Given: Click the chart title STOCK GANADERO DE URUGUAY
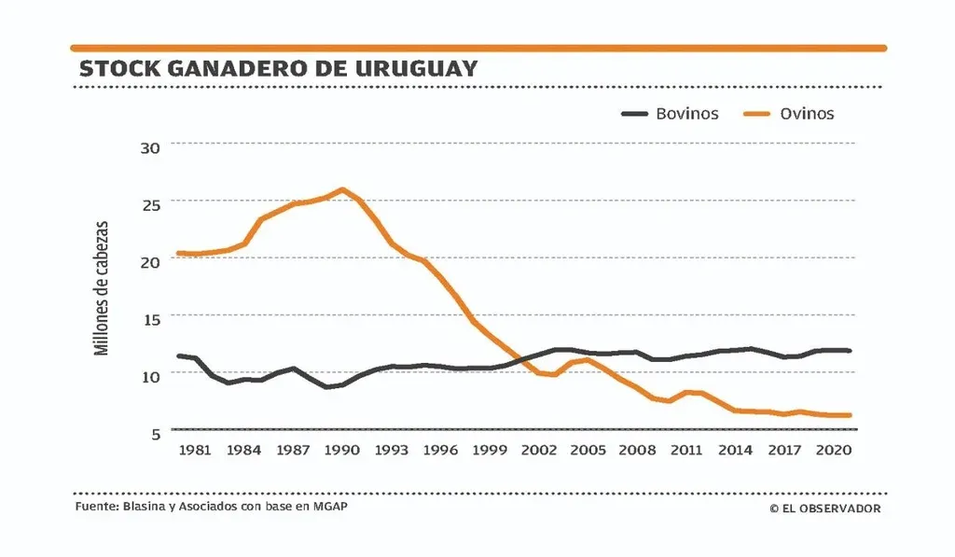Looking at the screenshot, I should point(278,69).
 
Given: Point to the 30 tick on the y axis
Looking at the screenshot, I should point(151,146).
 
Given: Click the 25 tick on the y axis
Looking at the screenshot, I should point(151,203).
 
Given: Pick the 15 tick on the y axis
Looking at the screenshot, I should point(151,318).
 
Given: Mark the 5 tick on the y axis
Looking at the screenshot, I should point(155,432).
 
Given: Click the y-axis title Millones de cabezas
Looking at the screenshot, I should point(103,288).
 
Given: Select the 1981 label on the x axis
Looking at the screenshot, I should point(194,450).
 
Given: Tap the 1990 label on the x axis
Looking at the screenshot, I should point(343,450).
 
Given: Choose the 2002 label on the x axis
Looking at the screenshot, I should point(540,450).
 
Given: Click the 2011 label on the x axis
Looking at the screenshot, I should point(687,450).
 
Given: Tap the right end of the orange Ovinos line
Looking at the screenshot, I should point(851,415).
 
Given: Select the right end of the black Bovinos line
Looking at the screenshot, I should point(851,351).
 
